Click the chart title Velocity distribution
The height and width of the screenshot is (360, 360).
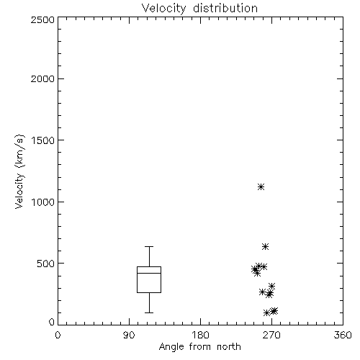[x=199, y=8]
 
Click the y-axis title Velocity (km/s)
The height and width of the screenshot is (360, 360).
[x=19, y=171]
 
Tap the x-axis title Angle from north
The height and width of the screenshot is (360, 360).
[x=199, y=347]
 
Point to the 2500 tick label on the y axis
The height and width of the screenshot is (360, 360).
[x=42, y=19]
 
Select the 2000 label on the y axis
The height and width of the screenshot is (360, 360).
[x=42, y=78]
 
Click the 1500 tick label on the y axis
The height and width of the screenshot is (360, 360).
[x=43, y=140]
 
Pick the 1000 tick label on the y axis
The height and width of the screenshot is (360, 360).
[x=43, y=202]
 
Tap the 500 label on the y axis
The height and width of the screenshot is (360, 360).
[x=46, y=264]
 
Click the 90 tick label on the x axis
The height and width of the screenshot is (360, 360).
[x=129, y=335]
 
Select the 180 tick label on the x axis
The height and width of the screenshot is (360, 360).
[x=200, y=335]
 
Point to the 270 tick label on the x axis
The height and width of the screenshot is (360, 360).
[x=271, y=335]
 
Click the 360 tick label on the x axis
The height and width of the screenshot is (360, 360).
[x=343, y=335]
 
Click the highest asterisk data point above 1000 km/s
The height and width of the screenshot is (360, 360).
[x=261, y=186]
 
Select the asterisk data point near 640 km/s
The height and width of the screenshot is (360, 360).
[x=265, y=246]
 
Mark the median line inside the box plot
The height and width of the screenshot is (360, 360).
[x=149, y=273]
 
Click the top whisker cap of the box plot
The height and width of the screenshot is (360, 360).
[x=149, y=246]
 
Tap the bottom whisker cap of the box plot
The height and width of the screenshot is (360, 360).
[x=149, y=312]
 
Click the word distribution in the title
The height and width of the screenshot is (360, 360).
[x=225, y=8]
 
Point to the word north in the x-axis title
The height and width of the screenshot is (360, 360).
[x=229, y=347]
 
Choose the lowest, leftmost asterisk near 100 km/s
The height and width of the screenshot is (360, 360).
[x=266, y=312]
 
